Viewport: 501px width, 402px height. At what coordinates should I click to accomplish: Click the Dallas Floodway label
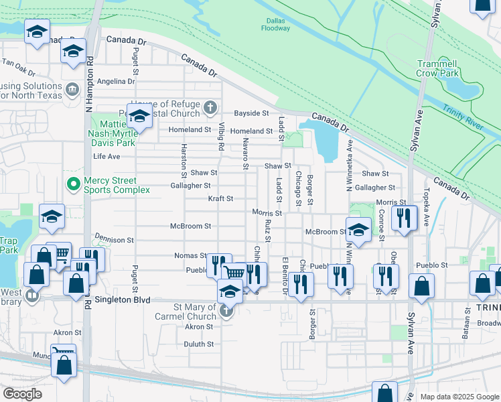[x=275, y=24]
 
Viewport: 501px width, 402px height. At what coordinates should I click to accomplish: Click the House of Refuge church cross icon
[x=210, y=107]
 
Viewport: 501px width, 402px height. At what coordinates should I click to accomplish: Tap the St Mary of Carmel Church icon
[x=227, y=312]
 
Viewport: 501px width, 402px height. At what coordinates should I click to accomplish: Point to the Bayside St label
[x=250, y=113]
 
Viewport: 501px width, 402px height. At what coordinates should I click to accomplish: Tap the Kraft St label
[x=220, y=199]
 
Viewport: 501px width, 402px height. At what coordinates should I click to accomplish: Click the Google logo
[x=23, y=393]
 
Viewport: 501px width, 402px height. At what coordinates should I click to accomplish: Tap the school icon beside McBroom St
[x=359, y=229]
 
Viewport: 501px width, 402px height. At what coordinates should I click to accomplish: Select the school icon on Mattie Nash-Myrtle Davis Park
[x=139, y=117]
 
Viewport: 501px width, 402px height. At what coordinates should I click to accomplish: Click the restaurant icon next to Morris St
[x=404, y=217]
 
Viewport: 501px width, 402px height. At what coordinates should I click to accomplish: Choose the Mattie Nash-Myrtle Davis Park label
[x=119, y=133]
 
